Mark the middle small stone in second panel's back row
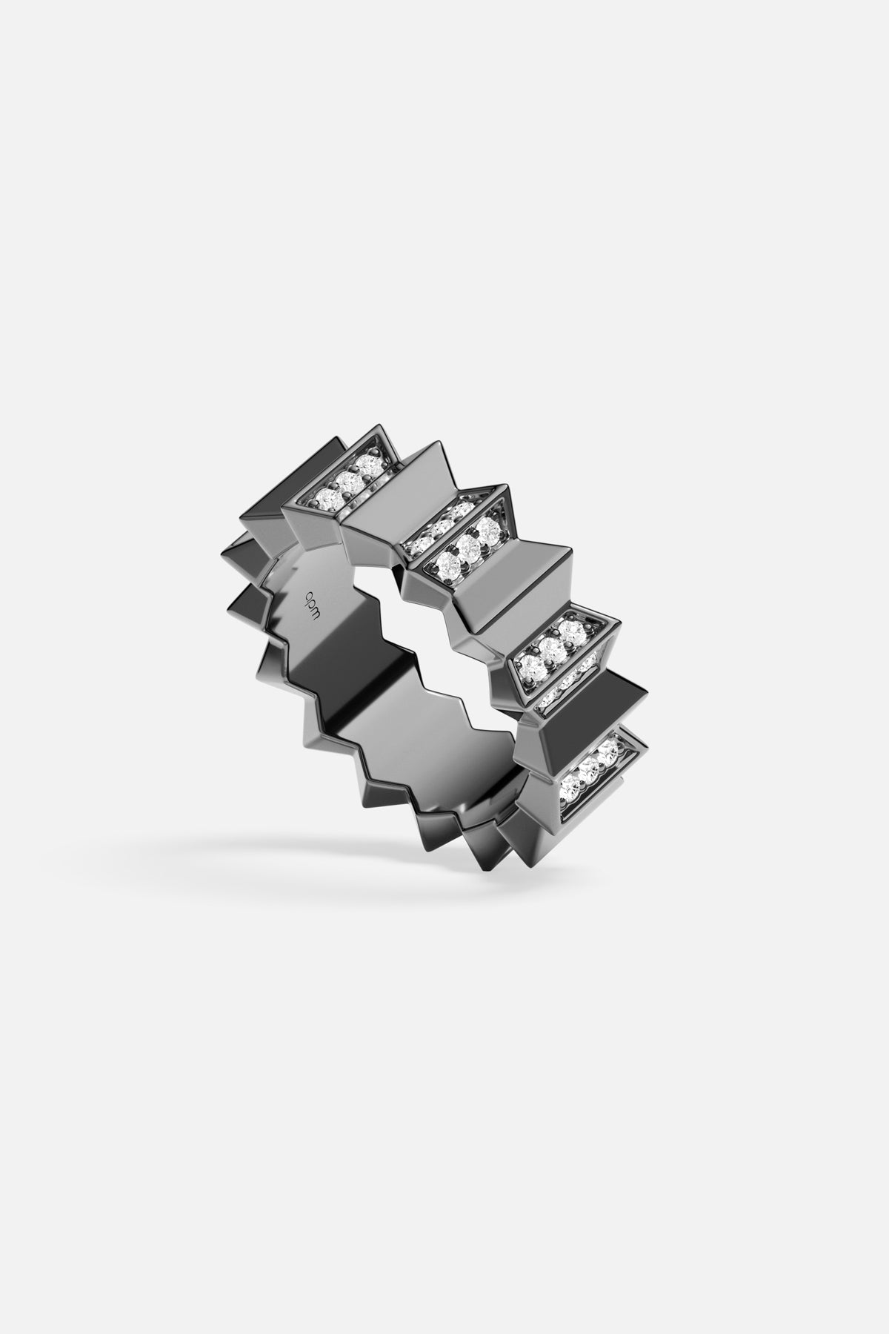point(442,527)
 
